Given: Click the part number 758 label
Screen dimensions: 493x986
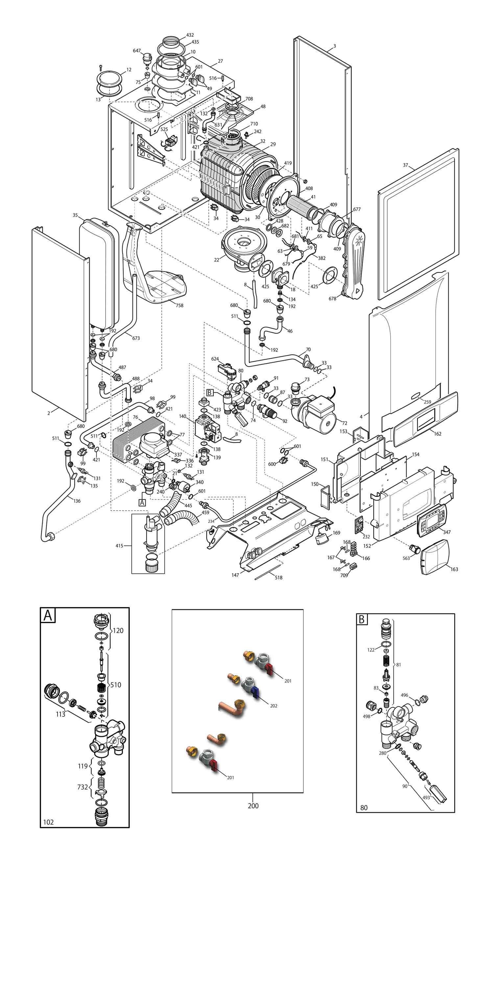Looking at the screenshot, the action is tap(179, 305).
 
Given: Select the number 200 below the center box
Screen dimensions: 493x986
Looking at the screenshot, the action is tap(253, 806).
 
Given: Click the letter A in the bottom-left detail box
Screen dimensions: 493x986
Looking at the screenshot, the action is tap(48, 616).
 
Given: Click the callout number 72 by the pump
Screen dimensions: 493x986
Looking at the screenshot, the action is tap(344, 423).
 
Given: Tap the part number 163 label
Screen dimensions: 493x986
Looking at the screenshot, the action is tap(454, 569).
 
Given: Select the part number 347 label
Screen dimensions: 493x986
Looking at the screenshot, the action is tap(447, 532).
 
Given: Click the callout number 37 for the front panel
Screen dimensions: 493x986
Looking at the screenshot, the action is tap(405, 165).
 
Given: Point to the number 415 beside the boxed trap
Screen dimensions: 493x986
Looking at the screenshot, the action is tap(119, 546).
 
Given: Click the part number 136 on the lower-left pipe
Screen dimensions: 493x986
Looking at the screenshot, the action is tap(77, 501).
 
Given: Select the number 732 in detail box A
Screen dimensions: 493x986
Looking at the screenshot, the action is tap(83, 787).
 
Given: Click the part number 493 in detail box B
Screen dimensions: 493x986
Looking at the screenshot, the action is tap(426, 798).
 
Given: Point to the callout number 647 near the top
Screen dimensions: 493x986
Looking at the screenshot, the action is tap(137, 51).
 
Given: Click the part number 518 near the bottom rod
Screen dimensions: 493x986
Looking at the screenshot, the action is tap(279, 577).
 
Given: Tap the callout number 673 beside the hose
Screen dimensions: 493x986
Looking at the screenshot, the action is tap(136, 338).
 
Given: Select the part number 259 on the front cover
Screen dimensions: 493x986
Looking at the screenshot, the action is tap(427, 402).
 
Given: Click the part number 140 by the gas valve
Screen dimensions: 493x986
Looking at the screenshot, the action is tap(183, 416).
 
